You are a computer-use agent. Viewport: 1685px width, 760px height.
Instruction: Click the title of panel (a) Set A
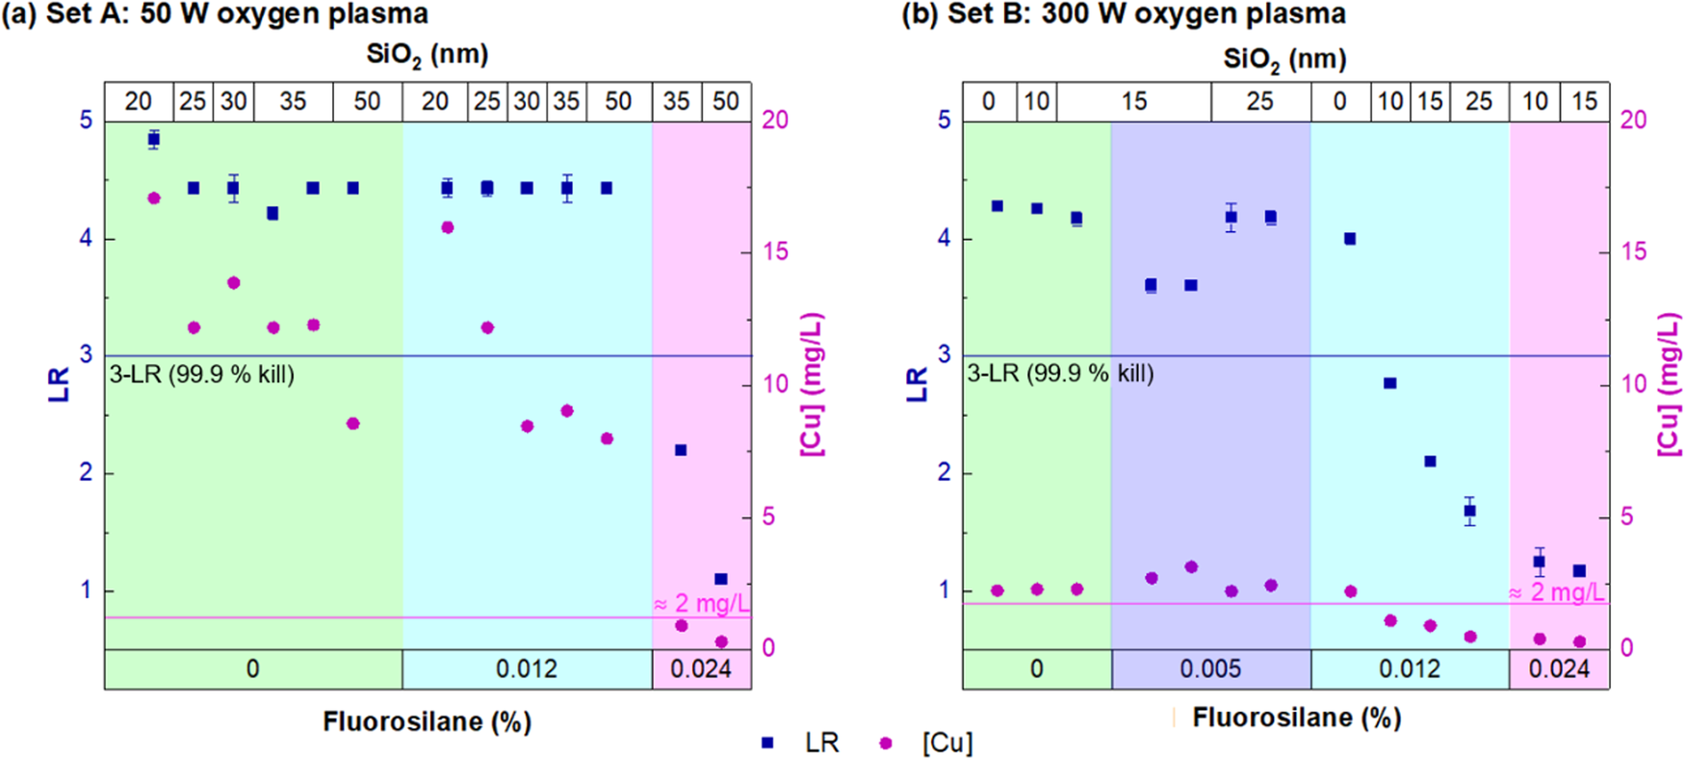point(215,13)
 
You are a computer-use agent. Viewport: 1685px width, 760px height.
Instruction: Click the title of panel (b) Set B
point(1123,13)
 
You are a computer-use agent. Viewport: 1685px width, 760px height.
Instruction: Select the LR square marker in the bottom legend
point(767,743)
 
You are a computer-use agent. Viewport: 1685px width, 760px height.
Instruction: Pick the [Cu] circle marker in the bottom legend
point(887,743)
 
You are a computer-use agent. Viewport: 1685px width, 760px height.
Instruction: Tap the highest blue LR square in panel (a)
point(153,140)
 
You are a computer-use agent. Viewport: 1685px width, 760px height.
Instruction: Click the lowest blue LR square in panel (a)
point(721,579)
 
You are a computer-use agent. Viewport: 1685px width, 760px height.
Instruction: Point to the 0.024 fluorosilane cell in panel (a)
point(701,669)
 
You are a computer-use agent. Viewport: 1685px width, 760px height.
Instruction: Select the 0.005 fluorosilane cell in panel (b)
point(1210,669)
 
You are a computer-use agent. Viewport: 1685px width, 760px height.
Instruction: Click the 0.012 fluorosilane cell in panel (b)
point(1410,669)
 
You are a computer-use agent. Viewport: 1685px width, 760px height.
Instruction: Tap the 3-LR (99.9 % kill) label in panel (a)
point(201,375)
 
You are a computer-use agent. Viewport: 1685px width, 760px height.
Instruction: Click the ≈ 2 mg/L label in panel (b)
point(1556,592)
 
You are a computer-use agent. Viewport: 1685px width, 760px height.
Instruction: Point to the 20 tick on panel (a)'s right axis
point(774,119)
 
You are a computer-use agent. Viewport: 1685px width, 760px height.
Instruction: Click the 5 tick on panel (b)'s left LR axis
point(944,119)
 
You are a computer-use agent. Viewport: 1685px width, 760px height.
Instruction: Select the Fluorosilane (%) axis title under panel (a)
point(427,721)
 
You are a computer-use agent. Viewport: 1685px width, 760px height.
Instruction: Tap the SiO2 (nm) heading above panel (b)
point(1284,59)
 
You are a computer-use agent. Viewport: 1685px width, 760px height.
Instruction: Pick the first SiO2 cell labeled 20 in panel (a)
point(138,101)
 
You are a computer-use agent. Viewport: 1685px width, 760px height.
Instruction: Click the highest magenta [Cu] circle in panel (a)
point(153,198)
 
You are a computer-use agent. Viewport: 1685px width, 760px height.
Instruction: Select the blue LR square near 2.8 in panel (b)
point(1389,383)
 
